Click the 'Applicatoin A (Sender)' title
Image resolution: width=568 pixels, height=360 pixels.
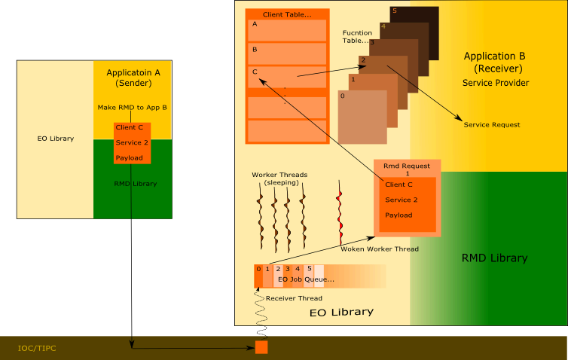[133, 78]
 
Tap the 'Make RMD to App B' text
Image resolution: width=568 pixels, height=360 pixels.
[133, 108]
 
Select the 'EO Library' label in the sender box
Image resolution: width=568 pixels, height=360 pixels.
[56, 139]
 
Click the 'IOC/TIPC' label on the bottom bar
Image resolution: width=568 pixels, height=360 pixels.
[37, 349]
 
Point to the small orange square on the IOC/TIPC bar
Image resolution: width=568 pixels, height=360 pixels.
[261, 347]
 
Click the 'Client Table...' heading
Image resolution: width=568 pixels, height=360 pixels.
[287, 14]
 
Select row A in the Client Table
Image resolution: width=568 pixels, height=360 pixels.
[287, 30]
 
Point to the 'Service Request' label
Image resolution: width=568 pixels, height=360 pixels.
[492, 124]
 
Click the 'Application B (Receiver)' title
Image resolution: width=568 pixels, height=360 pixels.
[494, 63]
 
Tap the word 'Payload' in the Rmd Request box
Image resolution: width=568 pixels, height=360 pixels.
[400, 215]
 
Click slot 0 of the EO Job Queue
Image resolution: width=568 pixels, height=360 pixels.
[258, 276]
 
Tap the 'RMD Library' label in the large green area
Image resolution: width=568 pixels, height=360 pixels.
[494, 258]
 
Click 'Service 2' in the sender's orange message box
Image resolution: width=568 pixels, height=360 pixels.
[132, 142]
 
